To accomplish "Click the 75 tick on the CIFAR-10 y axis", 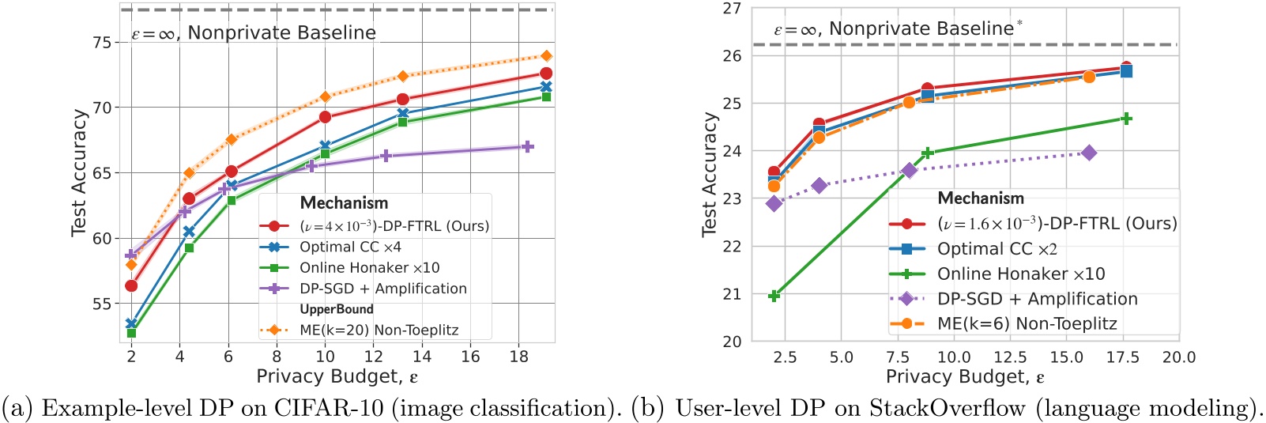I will [103, 42].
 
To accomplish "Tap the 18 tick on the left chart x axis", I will [518, 357].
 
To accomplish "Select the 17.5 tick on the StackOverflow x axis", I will [1122, 357].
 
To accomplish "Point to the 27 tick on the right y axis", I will [732, 9].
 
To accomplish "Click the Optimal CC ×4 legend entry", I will [350, 247].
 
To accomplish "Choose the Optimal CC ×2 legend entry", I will [997, 249].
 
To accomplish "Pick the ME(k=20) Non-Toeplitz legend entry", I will [379, 330].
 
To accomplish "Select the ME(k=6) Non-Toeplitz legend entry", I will [1027, 323].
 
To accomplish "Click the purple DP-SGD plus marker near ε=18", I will [527, 146].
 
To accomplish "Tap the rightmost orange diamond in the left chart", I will [545, 56].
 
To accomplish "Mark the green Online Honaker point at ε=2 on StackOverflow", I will [774, 296].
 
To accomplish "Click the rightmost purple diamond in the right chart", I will [1089, 153].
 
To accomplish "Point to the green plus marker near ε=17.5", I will [1126, 119].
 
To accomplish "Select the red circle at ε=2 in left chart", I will [131, 285].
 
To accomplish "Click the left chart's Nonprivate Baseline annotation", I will [254, 33].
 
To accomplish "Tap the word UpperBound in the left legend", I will [336, 309].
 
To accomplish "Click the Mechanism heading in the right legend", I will [980, 198].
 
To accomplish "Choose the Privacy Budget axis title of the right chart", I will [965, 377].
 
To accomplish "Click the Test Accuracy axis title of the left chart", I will [79, 172].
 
